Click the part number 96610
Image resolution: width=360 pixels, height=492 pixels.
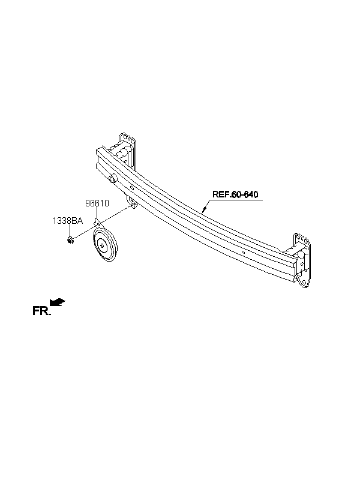click(97, 203)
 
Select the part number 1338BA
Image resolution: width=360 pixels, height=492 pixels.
click(67, 221)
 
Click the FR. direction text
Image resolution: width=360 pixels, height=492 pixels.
click(41, 310)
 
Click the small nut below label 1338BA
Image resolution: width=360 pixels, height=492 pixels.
click(71, 241)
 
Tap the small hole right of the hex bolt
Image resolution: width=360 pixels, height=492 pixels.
click(132, 188)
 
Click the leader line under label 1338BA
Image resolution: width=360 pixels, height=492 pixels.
click(69, 231)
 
